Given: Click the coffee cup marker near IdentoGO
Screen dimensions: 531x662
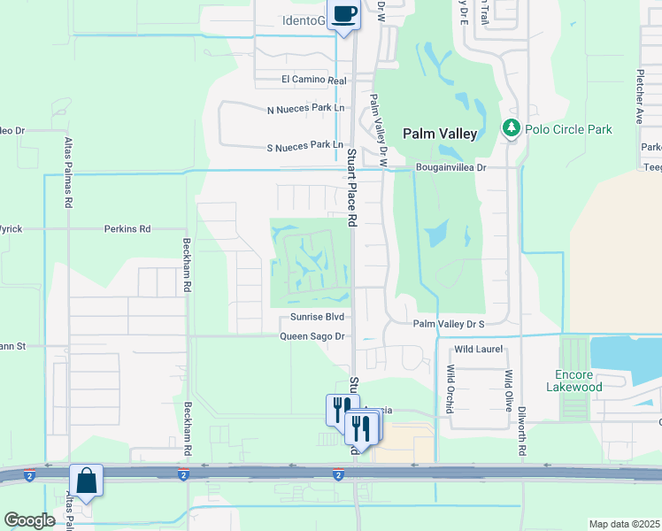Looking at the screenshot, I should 343,15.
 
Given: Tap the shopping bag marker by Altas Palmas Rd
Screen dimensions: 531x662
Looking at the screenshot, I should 87,481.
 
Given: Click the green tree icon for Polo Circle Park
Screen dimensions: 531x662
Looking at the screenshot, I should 511,129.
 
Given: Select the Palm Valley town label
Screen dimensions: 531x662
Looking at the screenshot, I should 440,134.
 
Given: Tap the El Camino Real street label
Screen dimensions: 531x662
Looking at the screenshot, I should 313,80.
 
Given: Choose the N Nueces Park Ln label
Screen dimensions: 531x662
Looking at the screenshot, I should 304,109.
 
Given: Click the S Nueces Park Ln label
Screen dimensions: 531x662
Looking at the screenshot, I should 304,144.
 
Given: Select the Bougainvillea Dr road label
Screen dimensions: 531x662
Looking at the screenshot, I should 451,166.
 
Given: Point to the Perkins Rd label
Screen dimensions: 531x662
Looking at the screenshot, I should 127,228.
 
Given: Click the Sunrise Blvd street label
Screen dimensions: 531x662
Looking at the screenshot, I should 316,316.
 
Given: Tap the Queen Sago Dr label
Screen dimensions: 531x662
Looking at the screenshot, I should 311,336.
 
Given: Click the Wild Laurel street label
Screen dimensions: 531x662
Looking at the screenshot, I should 478,349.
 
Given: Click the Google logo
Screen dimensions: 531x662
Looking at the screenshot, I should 29,520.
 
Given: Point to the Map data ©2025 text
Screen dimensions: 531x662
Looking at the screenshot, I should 623,524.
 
